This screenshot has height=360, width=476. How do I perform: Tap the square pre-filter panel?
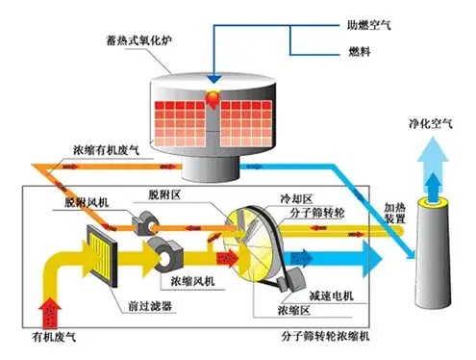(100, 252)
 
